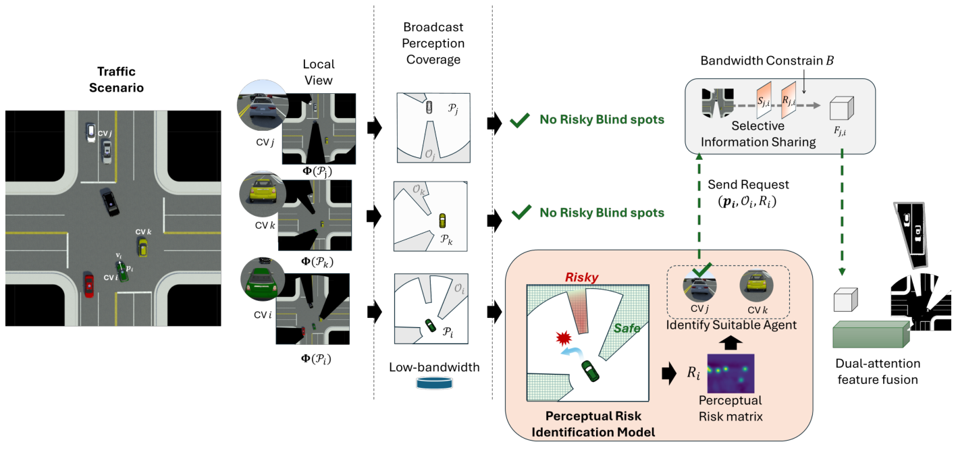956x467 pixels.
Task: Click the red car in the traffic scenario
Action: [88, 283]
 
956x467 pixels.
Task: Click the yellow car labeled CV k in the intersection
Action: [142, 247]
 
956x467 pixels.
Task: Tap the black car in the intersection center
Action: [109, 201]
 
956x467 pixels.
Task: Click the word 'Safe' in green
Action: [627, 328]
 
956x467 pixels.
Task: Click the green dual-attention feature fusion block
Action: [868, 335]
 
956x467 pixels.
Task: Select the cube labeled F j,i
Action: [841, 109]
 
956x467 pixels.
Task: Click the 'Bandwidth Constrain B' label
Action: [767, 61]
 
